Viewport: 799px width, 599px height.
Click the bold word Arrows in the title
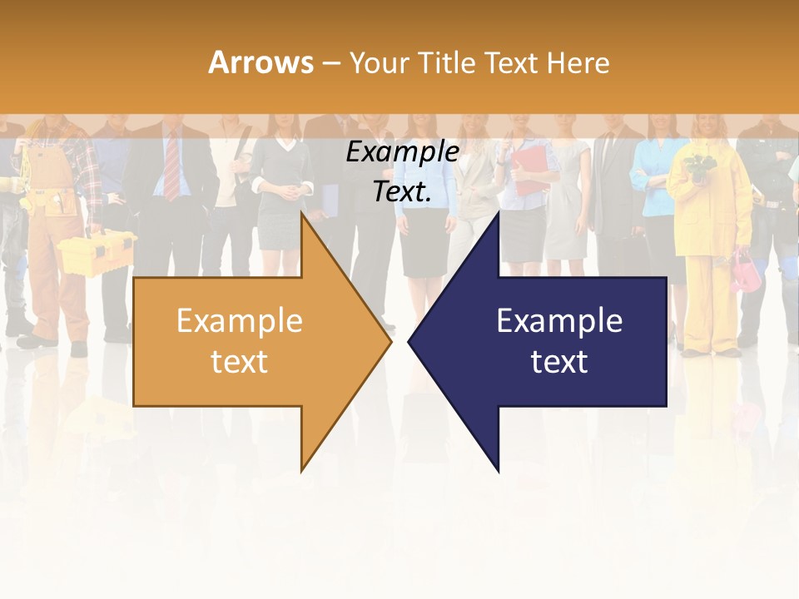[261, 62]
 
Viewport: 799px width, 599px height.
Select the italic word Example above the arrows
[402, 151]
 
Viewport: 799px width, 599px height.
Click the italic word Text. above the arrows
[402, 191]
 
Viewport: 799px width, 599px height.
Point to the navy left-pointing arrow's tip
[410, 341]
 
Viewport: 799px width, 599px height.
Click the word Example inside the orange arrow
[240, 321]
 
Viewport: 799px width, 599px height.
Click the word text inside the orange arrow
[240, 362]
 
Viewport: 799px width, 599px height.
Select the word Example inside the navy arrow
[559, 321]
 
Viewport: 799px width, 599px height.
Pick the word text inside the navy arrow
[559, 362]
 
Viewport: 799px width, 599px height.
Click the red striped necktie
[171, 166]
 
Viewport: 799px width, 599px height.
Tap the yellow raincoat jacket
[709, 200]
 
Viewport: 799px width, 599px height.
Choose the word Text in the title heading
[512, 62]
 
